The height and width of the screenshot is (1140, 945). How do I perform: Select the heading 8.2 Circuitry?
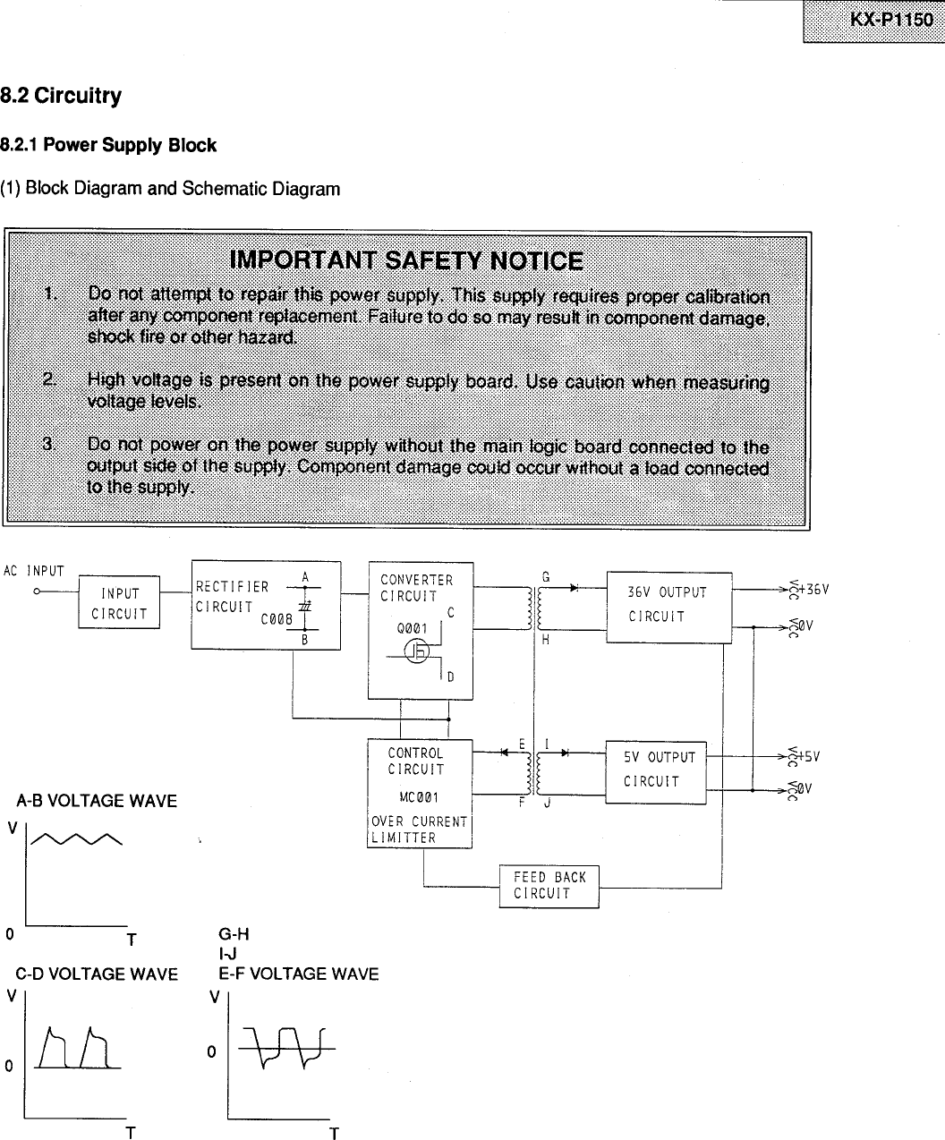pos(61,96)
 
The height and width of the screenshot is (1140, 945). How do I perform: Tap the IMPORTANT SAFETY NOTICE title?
pos(406,260)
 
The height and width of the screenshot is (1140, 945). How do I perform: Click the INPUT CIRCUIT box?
pos(119,604)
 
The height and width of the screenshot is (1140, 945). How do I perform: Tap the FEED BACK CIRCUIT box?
pos(549,886)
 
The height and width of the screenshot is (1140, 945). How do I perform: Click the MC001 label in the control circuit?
pos(418,797)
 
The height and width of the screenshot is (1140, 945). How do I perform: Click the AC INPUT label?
pos(34,571)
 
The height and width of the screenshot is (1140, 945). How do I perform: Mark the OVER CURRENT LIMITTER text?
pos(419,830)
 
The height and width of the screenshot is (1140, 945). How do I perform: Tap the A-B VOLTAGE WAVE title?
pos(97,801)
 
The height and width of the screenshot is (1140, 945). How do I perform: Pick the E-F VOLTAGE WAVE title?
pos(298,974)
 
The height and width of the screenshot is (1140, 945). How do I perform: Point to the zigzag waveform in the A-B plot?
pos(77,838)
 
